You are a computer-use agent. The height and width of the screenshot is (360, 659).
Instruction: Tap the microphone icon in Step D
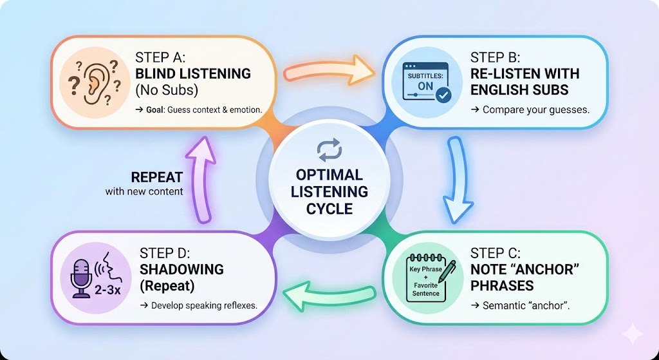click(82, 278)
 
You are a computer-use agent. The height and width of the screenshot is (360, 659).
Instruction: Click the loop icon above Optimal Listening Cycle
click(329, 150)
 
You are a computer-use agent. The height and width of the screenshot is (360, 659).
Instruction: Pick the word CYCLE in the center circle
click(329, 208)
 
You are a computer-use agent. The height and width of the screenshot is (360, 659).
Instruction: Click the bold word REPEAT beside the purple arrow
click(157, 178)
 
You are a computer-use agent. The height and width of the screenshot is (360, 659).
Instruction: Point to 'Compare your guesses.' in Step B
click(529, 109)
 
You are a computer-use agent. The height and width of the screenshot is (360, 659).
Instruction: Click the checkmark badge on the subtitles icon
click(443, 95)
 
